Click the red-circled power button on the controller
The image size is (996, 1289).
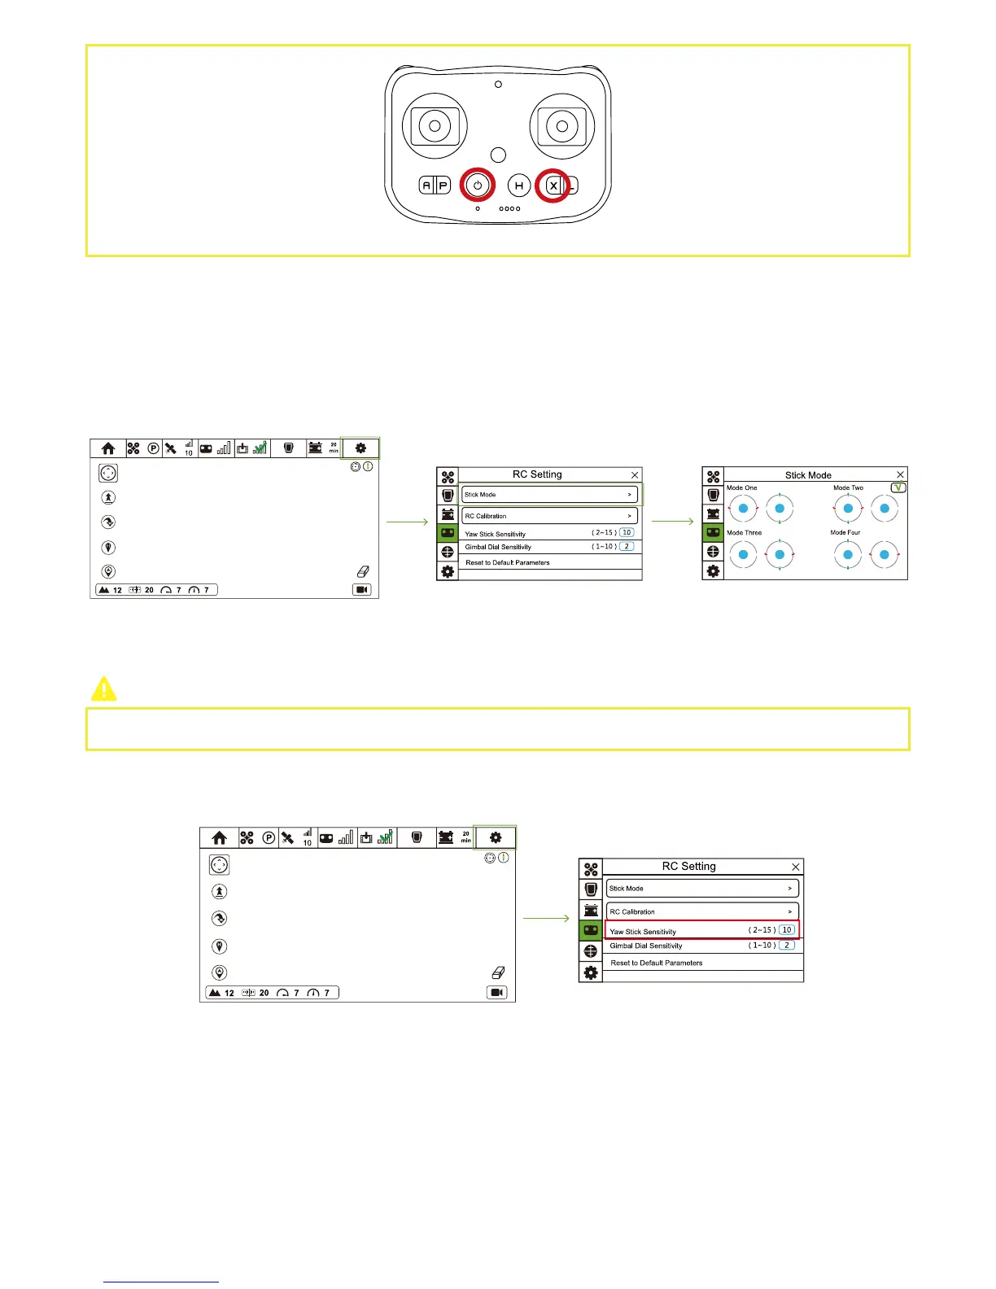[478, 186]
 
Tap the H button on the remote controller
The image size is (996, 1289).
[519, 186]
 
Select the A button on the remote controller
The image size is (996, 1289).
[426, 186]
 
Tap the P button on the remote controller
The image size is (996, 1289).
[443, 186]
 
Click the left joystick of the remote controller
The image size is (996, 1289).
[435, 126]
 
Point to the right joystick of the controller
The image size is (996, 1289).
[561, 126]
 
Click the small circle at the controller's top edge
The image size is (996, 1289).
[498, 84]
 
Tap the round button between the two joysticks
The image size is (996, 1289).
[499, 155]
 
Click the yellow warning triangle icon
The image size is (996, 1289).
[103, 689]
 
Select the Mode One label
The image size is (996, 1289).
[741, 488]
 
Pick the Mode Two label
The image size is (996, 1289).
[848, 488]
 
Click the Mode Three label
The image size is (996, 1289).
[744, 533]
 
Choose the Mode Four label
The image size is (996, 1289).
[845, 533]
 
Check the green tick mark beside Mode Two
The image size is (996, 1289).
[898, 487]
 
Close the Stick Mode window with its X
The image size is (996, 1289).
[900, 474]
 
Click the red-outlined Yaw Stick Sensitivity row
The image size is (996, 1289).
[703, 930]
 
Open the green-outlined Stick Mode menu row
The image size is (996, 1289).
[550, 494]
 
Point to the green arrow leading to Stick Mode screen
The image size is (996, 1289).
[672, 522]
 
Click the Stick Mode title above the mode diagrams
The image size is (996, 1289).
[808, 475]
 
